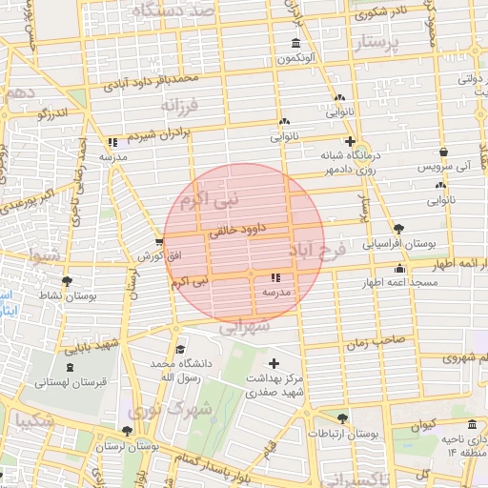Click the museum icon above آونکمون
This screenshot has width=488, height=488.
tap(295, 45)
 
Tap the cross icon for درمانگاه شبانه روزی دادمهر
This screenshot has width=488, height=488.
tap(351, 142)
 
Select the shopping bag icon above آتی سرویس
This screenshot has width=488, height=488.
tap(443, 152)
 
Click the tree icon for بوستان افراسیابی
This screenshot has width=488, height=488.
tap(398, 229)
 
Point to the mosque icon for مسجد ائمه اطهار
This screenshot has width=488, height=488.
tap(399, 269)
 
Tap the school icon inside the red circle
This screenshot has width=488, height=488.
tap(275, 276)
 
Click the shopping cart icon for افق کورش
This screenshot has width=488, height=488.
tap(159, 243)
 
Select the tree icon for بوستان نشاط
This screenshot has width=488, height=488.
tap(67, 281)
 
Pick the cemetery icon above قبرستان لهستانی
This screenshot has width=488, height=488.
tap(69, 367)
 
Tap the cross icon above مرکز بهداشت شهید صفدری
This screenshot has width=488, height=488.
tap(274, 363)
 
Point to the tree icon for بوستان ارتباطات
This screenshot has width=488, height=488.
tap(343, 418)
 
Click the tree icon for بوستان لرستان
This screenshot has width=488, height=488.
tap(129, 430)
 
